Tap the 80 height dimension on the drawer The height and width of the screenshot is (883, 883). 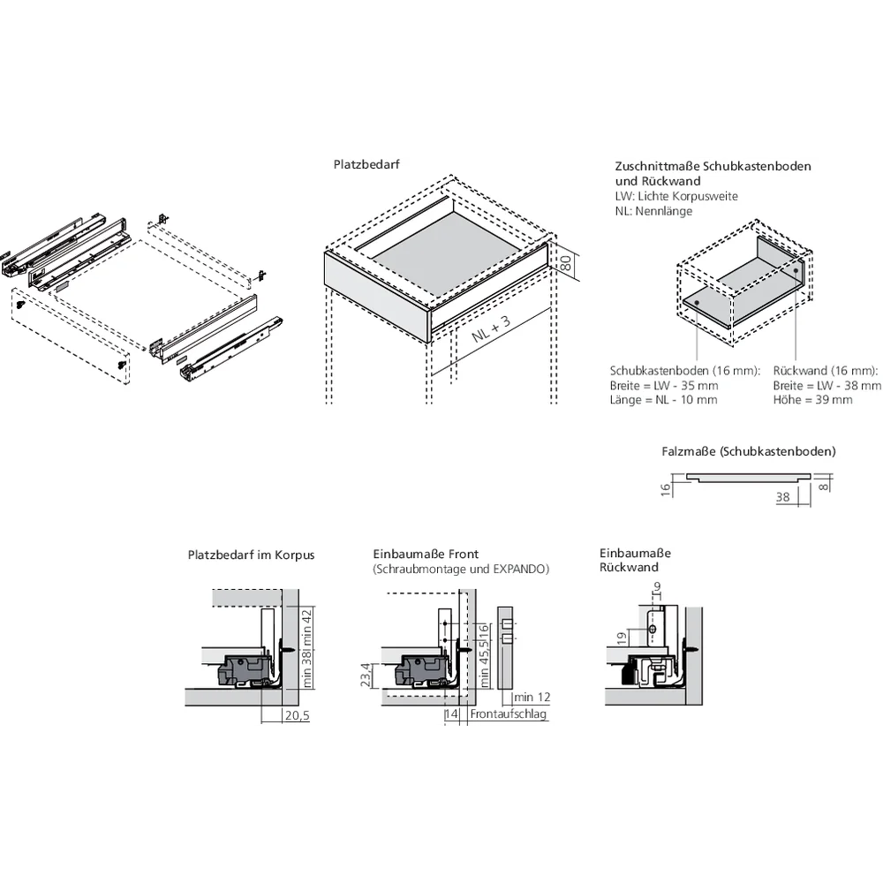[567, 262]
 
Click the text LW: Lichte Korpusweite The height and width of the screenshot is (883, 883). [675, 196]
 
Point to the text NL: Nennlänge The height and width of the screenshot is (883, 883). [653, 211]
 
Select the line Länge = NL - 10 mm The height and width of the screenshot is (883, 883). [663, 400]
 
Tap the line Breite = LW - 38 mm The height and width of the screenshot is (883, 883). [826, 386]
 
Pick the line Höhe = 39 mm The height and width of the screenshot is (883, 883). [812, 400]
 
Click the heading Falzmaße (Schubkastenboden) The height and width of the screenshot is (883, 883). [748, 451]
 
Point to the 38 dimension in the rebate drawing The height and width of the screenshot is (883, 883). [781, 497]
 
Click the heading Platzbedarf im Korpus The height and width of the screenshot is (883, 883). [251, 555]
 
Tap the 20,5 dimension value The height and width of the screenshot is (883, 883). [297, 716]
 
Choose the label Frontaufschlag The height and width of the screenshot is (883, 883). [509, 714]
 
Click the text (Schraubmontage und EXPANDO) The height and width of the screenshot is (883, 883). [460, 570]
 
